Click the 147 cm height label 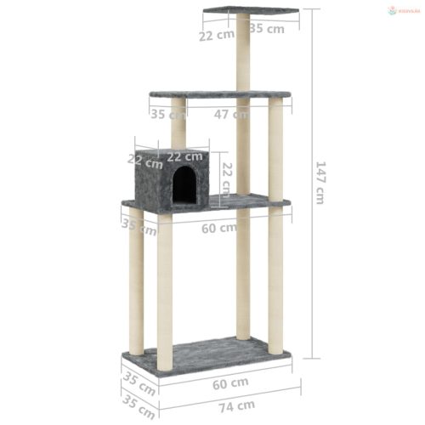320,183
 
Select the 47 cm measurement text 231,114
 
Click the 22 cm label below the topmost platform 218,35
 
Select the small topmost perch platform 250,11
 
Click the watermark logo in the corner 403,10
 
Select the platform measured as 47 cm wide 219,94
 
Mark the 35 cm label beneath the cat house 139,226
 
